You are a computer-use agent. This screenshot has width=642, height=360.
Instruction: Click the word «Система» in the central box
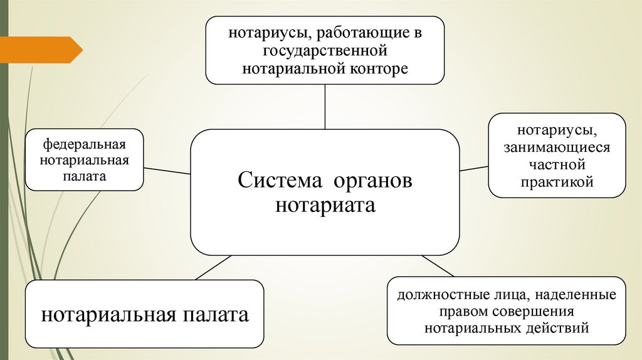click(278, 181)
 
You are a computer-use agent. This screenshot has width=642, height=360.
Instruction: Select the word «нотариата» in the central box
click(325, 205)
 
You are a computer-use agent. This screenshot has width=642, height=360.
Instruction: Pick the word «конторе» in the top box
click(374, 66)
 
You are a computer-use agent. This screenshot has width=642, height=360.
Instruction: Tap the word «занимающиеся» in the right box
click(556, 149)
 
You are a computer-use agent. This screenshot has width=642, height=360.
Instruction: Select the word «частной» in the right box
click(556, 165)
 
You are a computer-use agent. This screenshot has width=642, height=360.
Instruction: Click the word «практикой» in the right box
click(556, 182)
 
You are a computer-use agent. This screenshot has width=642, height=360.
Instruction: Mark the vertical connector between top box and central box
click(325, 107)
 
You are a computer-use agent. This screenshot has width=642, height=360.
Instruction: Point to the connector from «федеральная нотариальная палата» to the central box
click(167, 170)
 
